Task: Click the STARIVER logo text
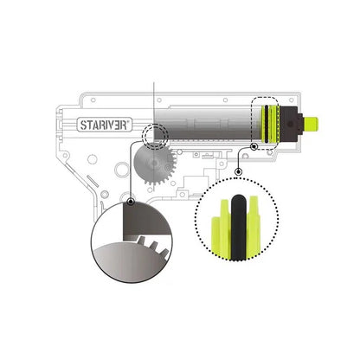tap(104, 125)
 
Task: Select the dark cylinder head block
tap(290, 125)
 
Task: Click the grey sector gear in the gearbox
tap(155, 163)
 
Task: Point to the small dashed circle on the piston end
tap(155, 137)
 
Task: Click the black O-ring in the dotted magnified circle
tap(239, 228)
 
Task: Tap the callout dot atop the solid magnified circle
tap(131, 202)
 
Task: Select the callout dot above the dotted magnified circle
tap(239, 172)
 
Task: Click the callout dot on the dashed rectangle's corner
tap(254, 147)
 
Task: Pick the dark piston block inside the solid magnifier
tap(145, 221)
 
